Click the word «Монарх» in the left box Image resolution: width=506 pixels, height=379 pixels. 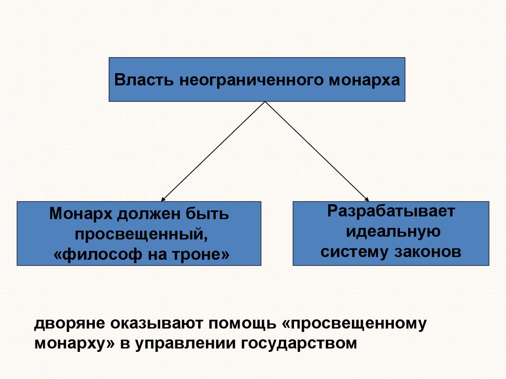pyautogui.click(x=80, y=214)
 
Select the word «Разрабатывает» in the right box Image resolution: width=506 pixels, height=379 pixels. pyautogui.click(x=391, y=212)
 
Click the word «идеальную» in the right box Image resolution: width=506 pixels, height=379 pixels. pyautogui.click(x=391, y=232)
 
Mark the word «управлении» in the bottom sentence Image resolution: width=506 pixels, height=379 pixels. pyautogui.click(x=184, y=343)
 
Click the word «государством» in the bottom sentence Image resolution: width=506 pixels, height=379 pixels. pyautogui.click(x=299, y=343)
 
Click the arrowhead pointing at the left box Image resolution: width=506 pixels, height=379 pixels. pyautogui.click(x=163, y=199)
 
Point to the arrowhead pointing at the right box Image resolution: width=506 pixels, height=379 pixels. pyautogui.click(x=367, y=199)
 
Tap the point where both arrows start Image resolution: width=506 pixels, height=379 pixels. pyautogui.click(x=265, y=102)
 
